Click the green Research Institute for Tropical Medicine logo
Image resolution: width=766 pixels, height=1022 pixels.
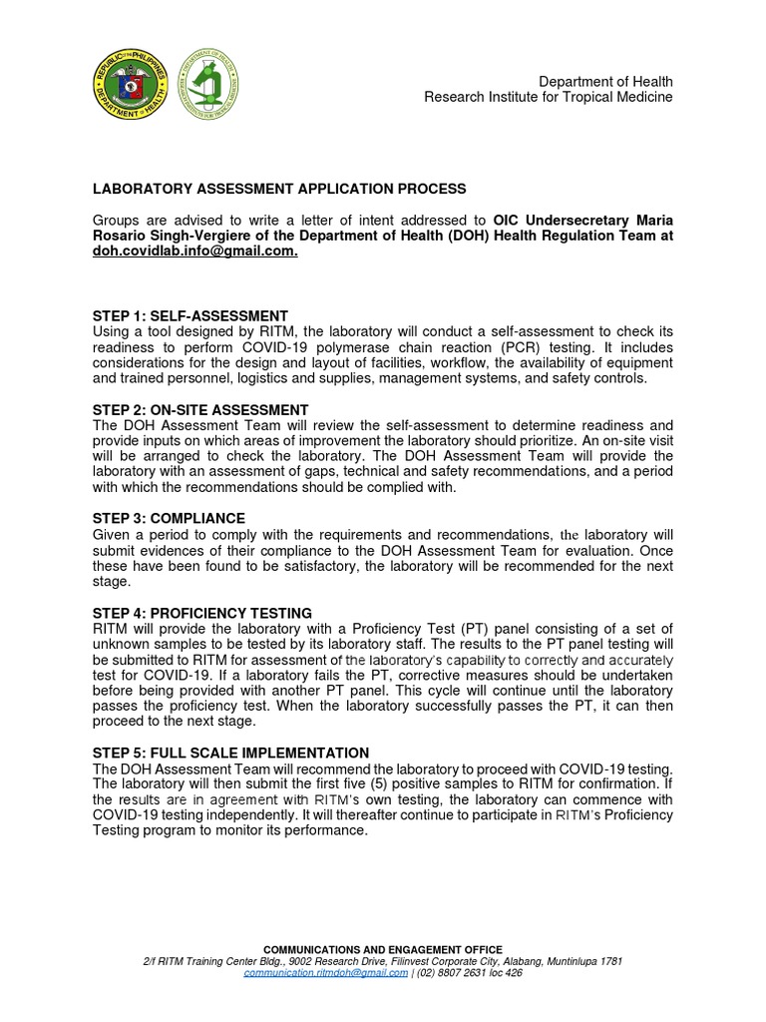pos(209,82)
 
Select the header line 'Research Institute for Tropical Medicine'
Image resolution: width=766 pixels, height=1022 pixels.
pos(548,97)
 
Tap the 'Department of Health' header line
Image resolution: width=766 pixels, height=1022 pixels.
pos(605,81)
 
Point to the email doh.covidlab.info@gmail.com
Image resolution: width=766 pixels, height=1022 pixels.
pos(194,252)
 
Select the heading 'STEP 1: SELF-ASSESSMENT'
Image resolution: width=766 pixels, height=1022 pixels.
pos(191,316)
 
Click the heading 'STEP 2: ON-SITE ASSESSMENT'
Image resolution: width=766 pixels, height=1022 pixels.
pos(200,410)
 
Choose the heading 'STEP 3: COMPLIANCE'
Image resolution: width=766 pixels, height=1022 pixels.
pos(169,519)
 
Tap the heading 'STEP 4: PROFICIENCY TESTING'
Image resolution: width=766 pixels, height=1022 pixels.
pos(202,613)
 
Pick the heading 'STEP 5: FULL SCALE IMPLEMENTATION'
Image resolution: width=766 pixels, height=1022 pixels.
pos(230,753)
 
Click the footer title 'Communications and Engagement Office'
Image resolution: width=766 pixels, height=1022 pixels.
pos(383,949)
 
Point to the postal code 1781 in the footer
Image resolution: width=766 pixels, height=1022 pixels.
pos(609,961)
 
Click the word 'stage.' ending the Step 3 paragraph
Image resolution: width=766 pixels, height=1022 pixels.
pos(111,581)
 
